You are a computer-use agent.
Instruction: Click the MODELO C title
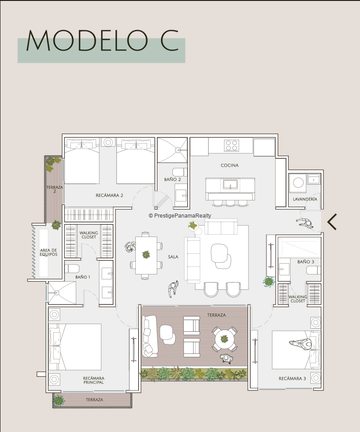tap(102, 40)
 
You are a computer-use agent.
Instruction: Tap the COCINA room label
tap(230, 165)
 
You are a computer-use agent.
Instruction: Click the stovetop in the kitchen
tap(231, 145)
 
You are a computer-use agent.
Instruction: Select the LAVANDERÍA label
tap(305, 199)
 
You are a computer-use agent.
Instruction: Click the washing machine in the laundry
tap(298, 183)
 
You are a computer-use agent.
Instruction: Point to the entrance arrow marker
tap(332, 222)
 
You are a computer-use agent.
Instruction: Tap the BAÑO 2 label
tap(172, 179)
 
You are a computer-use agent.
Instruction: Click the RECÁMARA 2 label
tap(109, 195)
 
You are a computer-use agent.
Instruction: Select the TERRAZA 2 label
tap(55, 189)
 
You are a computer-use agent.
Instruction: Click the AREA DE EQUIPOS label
tap(48, 252)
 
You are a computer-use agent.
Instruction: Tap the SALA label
tap(173, 257)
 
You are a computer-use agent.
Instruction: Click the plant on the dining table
tap(146, 254)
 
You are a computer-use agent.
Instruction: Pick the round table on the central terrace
tap(224, 339)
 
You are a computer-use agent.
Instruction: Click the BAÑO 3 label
tap(306, 262)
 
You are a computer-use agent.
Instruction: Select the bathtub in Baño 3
tap(300, 247)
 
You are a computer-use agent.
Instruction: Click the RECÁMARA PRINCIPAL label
tap(94, 380)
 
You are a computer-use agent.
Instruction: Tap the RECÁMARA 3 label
tap(292, 379)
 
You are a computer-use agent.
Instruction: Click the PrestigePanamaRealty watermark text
tap(180, 216)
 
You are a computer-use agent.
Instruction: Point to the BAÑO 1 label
tap(83, 277)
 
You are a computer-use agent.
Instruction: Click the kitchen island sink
tap(230, 184)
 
